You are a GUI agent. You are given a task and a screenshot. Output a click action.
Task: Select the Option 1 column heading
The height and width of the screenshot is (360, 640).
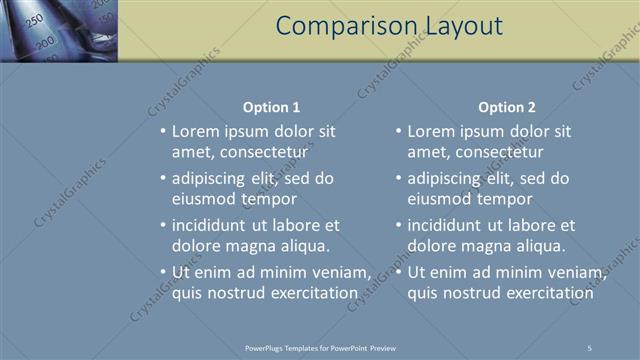271,107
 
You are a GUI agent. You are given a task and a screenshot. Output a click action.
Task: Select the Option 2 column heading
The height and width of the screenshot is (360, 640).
507,107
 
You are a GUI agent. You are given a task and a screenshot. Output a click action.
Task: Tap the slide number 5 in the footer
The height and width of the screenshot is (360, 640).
590,347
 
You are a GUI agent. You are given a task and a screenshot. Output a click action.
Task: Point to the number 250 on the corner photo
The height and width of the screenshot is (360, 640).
34,20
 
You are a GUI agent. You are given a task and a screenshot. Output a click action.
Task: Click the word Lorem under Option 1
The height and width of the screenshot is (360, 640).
195,131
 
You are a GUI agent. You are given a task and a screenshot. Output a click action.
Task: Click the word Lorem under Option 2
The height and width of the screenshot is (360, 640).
430,131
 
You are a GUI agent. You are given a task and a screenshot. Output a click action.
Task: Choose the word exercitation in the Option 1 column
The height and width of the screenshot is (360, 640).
311,293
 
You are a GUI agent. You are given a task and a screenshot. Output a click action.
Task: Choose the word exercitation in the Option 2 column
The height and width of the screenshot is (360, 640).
547,293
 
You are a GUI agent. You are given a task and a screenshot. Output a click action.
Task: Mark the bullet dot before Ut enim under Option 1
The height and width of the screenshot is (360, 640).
163,272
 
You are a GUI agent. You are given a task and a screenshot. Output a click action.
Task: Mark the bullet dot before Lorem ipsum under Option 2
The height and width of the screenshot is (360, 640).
398,131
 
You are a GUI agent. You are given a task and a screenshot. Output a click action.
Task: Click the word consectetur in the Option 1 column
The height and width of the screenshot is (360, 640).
257,152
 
